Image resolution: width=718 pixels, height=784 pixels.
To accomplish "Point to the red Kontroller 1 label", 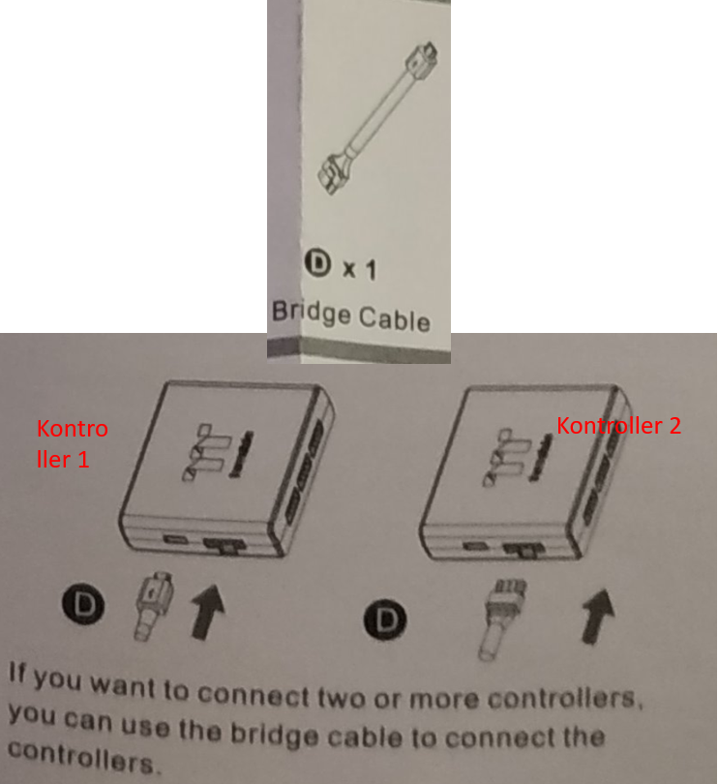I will [72, 443].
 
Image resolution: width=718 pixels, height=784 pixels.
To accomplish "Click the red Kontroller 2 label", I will [618, 425].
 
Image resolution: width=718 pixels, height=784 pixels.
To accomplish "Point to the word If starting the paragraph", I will [20, 673].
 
